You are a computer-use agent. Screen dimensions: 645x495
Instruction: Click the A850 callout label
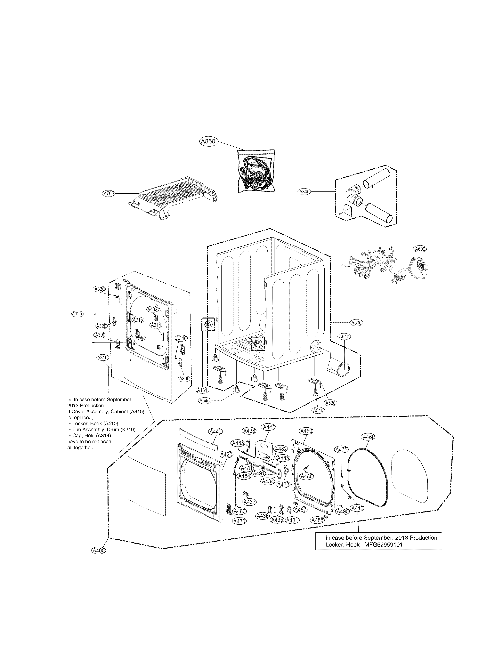tap(208, 141)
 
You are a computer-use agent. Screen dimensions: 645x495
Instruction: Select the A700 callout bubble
tap(109, 194)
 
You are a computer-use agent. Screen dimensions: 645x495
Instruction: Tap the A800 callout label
tap(304, 192)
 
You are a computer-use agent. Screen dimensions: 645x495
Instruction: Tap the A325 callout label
tap(77, 314)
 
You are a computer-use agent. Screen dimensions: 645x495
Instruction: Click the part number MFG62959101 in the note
tap(383, 544)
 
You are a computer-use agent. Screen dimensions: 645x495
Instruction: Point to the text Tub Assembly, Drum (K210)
tap(104, 429)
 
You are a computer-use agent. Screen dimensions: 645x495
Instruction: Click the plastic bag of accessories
tap(256, 172)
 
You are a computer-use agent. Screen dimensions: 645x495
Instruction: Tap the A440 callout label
tap(215, 432)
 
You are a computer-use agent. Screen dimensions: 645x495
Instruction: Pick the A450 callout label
tap(306, 431)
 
